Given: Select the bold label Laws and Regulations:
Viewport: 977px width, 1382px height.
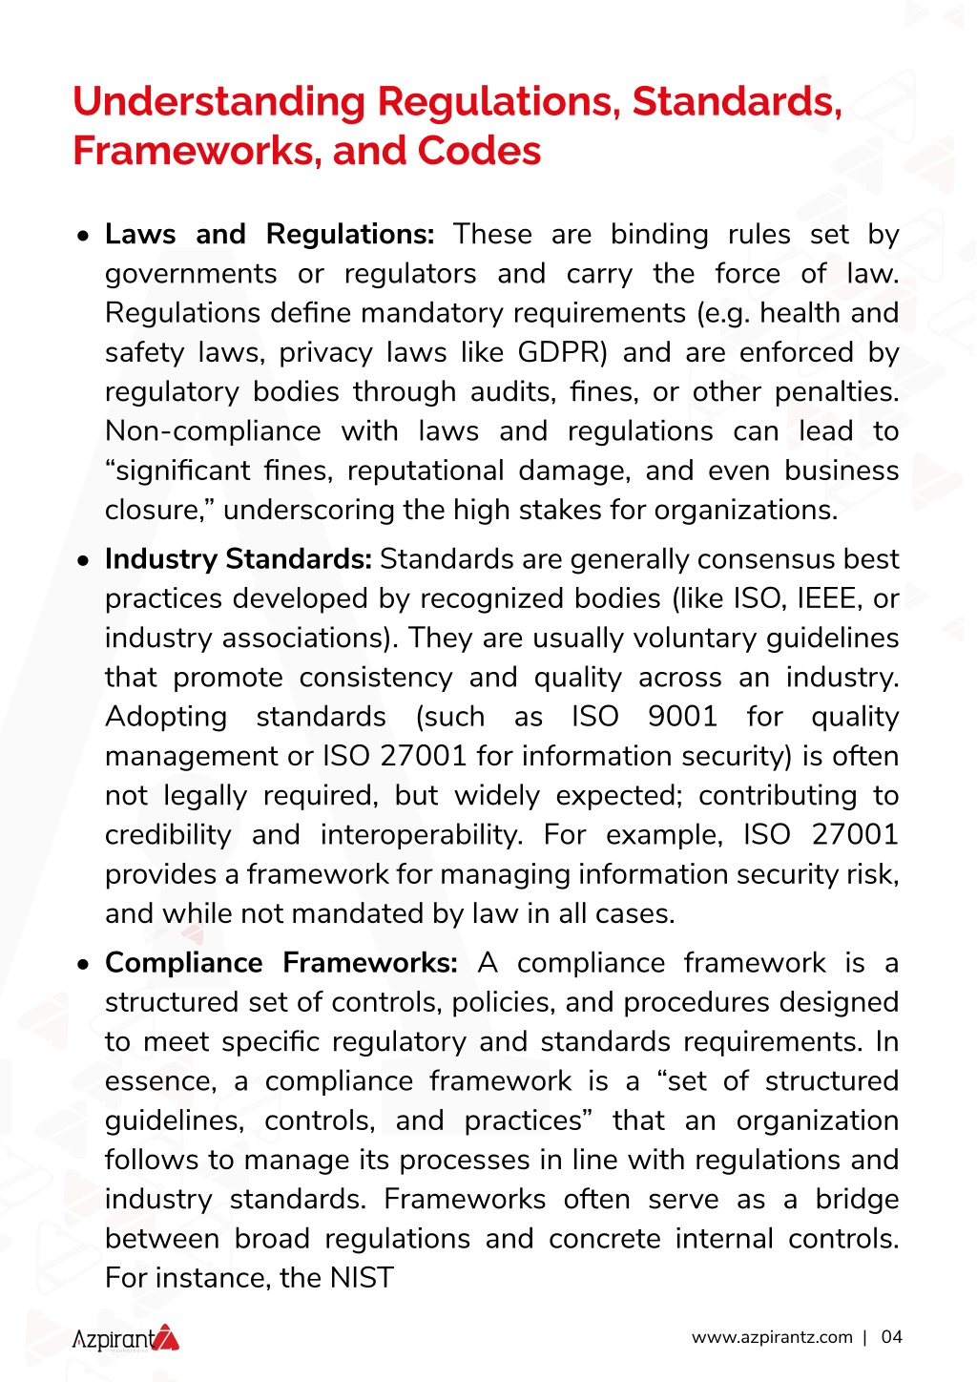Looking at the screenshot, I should tap(269, 235).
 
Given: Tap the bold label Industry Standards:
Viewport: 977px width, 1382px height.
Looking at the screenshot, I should tap(238, 559).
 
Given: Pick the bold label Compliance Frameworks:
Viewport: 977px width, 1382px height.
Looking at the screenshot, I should tap(281, 963).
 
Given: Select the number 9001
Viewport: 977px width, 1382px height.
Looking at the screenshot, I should tap(682, 717).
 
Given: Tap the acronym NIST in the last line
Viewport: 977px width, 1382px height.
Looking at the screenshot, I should tap(362, 1278).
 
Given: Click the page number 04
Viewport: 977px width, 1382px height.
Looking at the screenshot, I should tap(891, 1337).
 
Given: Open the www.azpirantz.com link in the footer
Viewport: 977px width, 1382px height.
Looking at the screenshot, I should tap(772, 1337).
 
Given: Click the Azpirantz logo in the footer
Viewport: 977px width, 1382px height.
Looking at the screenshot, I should tap(126, 1338).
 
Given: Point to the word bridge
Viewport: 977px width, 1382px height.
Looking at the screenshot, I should tap(857, 1200).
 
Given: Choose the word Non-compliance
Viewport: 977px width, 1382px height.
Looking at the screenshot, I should tap(213, 431).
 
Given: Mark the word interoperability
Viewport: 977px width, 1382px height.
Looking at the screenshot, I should tap(421, 835).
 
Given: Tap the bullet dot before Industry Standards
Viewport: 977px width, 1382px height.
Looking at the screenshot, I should tap(85, 560).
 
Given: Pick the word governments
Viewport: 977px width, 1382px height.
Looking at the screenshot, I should tap(191, 275).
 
